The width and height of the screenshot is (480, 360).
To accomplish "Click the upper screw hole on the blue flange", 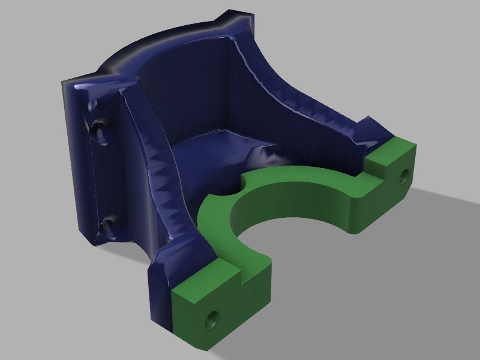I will tap(98, 130).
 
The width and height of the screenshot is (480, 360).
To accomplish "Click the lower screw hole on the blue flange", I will tap(109, 226).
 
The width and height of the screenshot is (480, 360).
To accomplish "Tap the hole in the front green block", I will tap(212, 317).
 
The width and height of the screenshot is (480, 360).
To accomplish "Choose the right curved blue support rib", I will tap(306, 114).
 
